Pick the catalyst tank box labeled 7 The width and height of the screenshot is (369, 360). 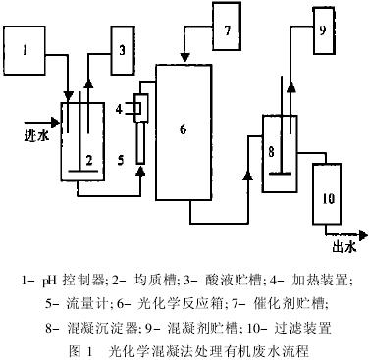(x=227, y=30)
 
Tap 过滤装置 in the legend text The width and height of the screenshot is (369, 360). (x=317, y=326)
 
